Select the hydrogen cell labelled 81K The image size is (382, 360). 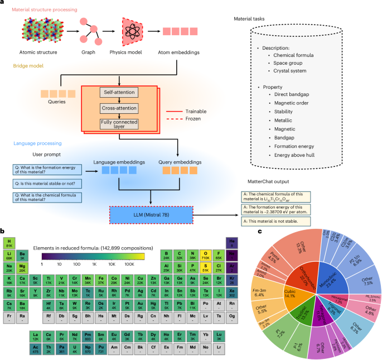click(9, 243)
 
